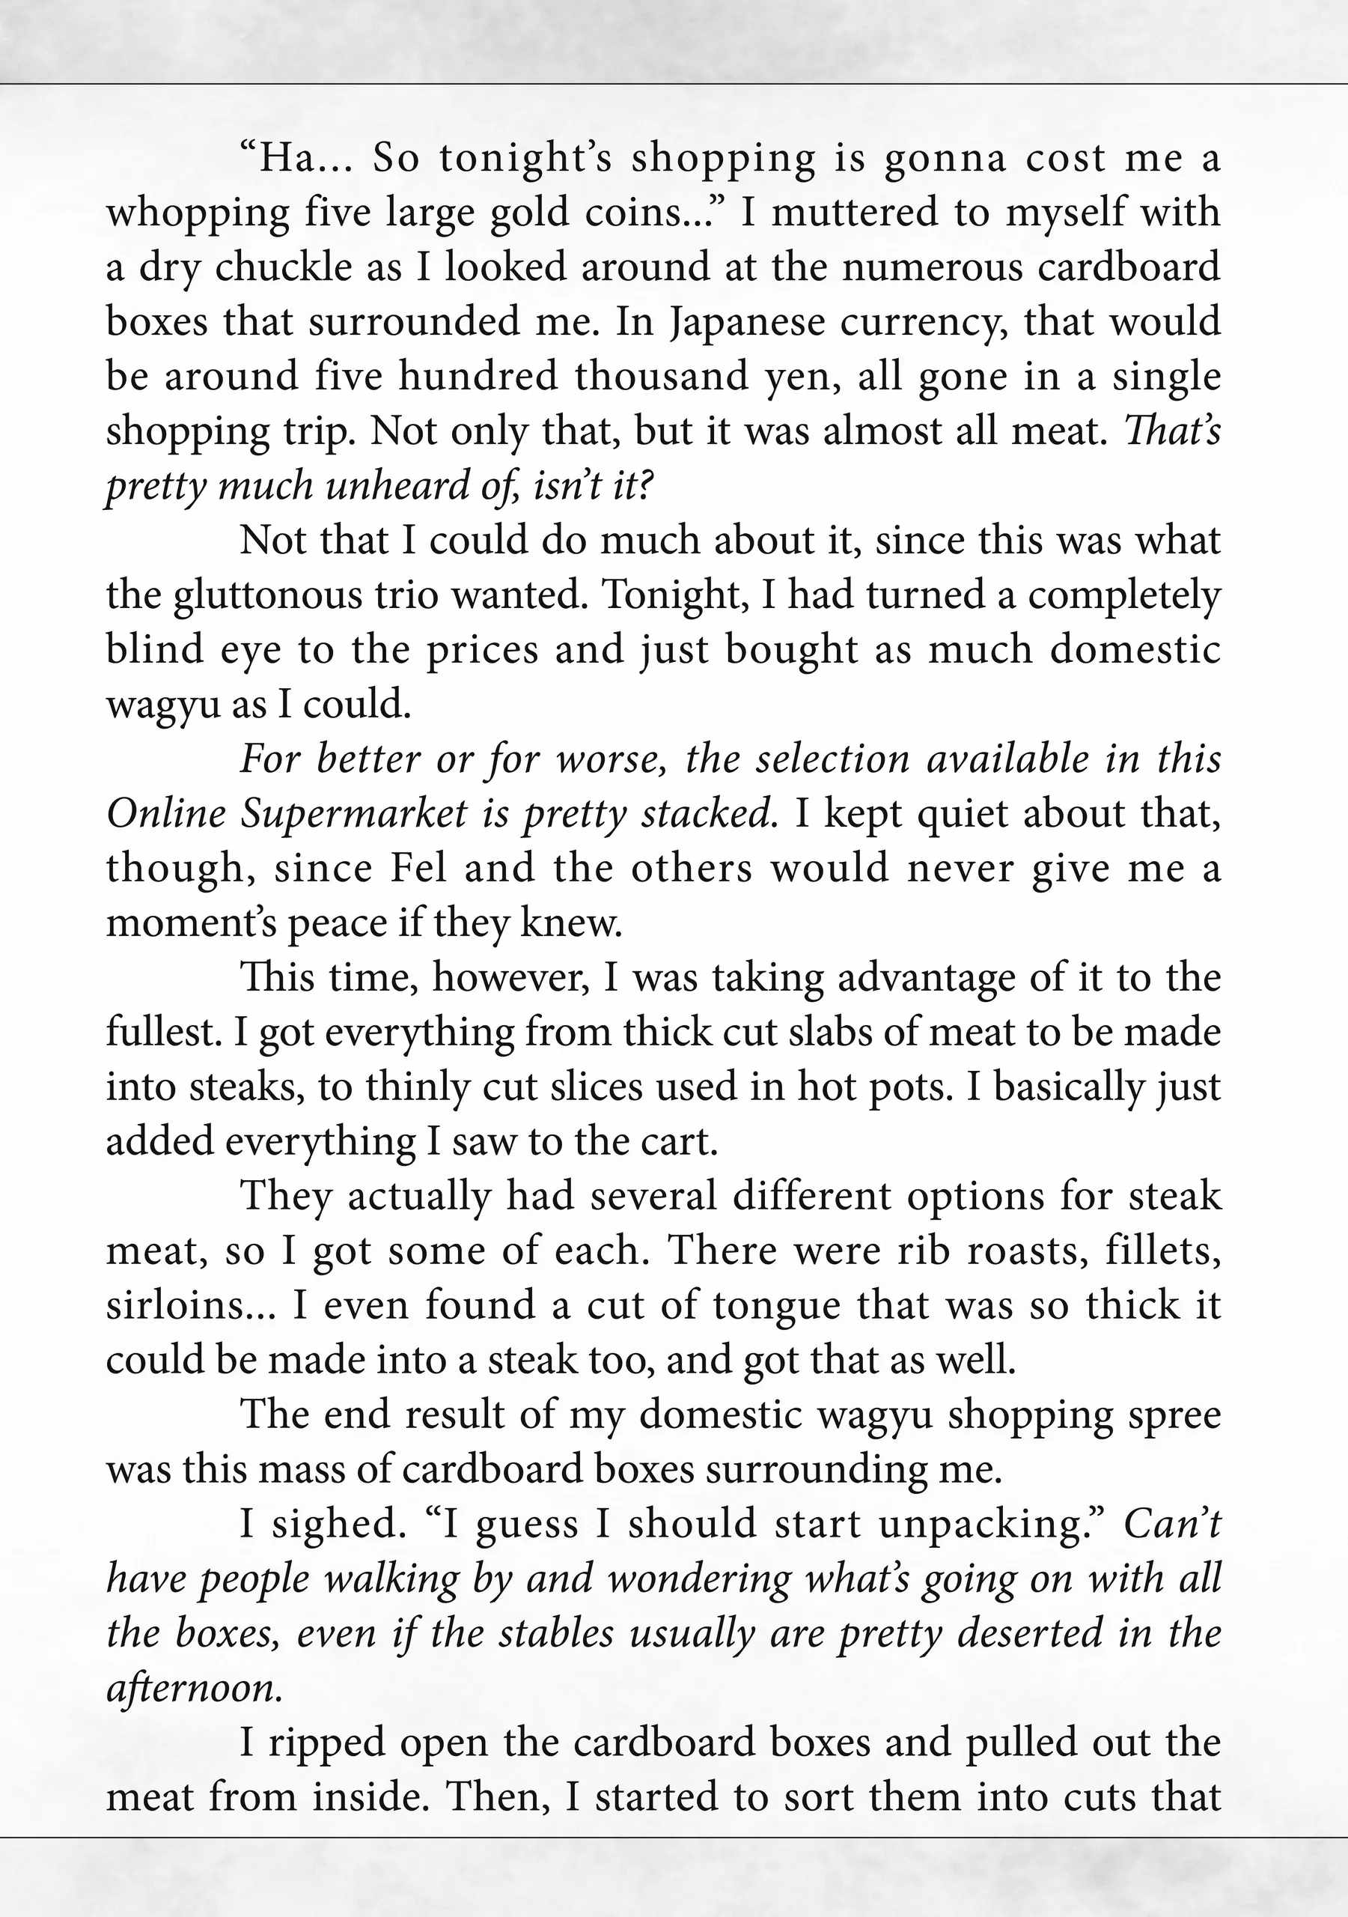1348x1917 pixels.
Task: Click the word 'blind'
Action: point(154,649)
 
